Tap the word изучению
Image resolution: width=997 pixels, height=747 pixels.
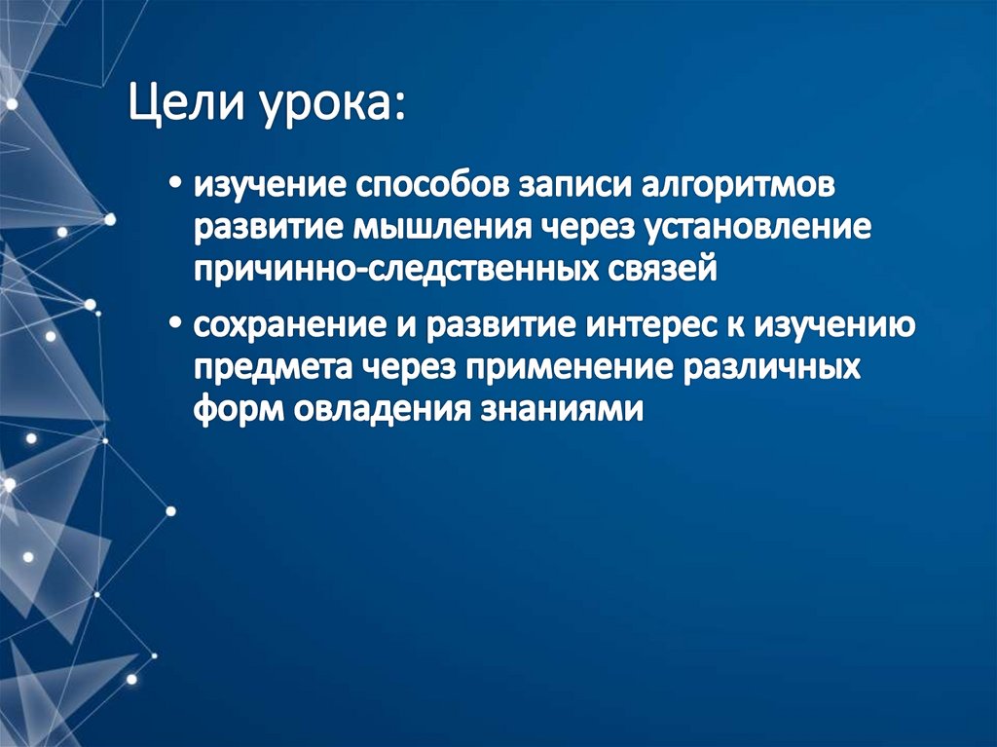833,324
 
